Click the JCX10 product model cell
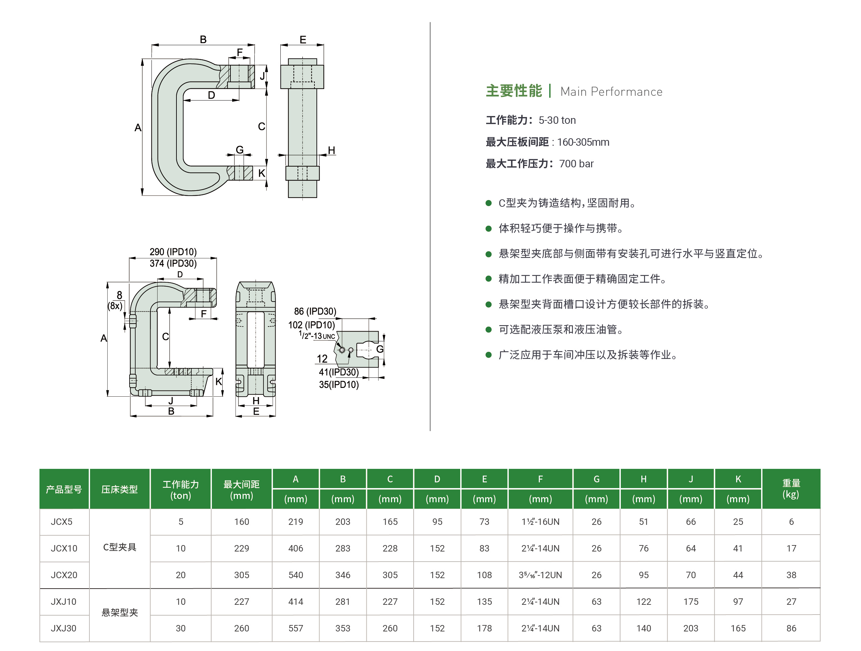(64, 548)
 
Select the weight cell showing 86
(791, 628)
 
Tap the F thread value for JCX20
(540, 575)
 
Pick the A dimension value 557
(296, 628)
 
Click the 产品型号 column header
(64, 489)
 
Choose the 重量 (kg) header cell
(791, 489)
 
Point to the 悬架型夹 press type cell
(119, 613)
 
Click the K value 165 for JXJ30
(738, 628)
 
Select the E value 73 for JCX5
(484, 521)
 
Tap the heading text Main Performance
(611, 92)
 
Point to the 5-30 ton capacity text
(557, 120)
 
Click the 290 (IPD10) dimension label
(173, 252)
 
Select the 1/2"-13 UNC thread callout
(317, 335)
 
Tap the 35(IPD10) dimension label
(339, 385)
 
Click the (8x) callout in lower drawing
(115, 306)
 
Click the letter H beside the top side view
(331, 150)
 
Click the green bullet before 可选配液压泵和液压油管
(489, 330)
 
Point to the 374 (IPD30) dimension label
(173, 263)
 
